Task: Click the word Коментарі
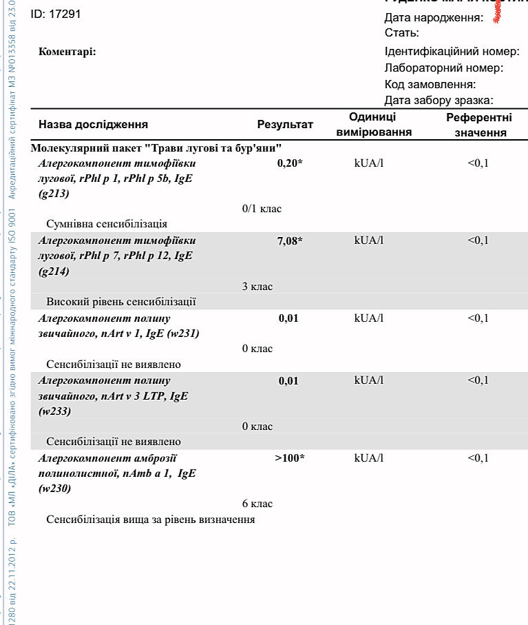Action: click(67, 52)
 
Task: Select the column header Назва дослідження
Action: click(93, 125)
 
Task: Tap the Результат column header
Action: click(285, 125)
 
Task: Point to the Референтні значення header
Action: click(479, 125)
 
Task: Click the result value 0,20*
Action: click(290, 163)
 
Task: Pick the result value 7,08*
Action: click(290, 240)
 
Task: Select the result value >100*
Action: click(289, 458)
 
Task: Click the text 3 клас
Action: click(257, 287)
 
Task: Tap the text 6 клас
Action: click(257, 504)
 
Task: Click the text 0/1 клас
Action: click(262, 209)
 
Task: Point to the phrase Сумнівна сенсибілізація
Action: click(107, 224)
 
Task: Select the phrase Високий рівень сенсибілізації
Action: click(121, 302)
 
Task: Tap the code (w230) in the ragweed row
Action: click(55, 489)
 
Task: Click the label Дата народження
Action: click(434, 17)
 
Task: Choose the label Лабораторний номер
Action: click(444, 68)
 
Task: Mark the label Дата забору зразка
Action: click(439, 101)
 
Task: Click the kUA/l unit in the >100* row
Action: click(368, 458)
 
